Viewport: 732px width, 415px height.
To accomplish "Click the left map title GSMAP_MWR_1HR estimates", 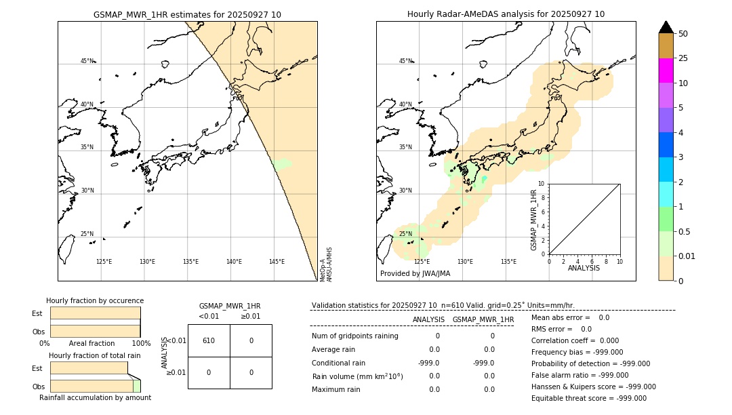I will pyautogui.click(x=187, y=14).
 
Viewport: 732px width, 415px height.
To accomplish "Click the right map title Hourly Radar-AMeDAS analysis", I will pyautogui.click(x=506, y=14).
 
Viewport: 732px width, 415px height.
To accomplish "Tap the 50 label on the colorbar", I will pyautogui.click(x=683, y=34).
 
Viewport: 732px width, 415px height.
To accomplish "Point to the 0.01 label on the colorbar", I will pyautogui.click(x=687, y=256).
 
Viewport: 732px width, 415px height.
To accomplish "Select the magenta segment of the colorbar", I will pyautogui.click(x=666, y=71).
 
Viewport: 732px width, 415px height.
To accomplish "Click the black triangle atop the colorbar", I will pyautogui.click(x=666, y=27).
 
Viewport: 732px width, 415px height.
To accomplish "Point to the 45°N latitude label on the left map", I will pyautogui.click(x=87, y=61).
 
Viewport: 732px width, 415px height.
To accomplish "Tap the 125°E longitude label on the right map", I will pyautogui.click(x=422, y=262).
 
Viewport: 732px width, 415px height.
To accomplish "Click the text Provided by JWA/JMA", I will pyautogui.click(x=415, y=274).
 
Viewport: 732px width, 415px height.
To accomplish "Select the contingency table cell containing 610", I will pyautogui.click(x=209, y=340).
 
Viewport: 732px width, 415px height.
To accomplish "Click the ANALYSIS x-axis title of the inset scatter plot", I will pyautogui.click(x=584, y=269).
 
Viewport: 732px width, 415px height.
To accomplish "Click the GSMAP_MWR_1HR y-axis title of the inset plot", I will pyautogui.click(x=533, y=220).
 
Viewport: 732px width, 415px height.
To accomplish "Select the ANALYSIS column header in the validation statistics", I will pyautogui.click(x=428, y=319).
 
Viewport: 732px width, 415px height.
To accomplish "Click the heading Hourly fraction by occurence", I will pyautogui.click(x=95, y=300).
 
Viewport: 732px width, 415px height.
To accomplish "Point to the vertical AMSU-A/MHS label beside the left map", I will pyautogui.click(x=329, y=264).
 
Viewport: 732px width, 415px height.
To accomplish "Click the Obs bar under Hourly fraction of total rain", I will pyautogui.click(x=91, y=386).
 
